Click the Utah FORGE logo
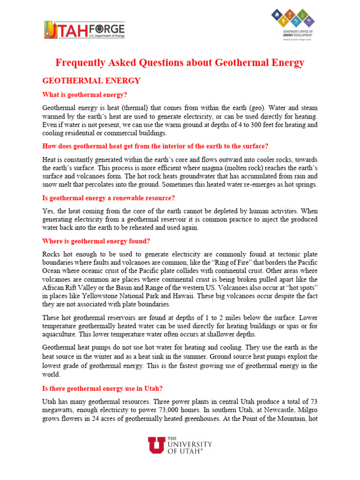click(84, 29)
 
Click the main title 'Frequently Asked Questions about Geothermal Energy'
click(180, 62)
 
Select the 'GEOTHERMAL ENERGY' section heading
click(91, 81)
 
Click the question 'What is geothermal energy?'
click(85, 95)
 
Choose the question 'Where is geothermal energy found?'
click(96, 241)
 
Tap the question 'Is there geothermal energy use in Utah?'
click(102, 389)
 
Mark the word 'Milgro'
click(307, 411)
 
